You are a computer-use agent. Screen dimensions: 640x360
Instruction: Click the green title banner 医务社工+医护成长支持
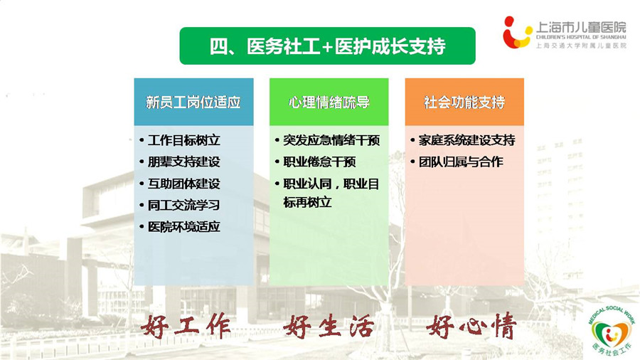[x=327, y=46]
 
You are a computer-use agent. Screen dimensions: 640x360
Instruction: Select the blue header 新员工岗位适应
[x=193, y=102]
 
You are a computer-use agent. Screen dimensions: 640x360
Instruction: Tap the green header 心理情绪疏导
[x=329, y=102]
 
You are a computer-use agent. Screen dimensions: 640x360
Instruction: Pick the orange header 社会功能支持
[x=464, y=102]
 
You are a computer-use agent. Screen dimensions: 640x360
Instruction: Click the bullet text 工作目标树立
[x=183, y=140]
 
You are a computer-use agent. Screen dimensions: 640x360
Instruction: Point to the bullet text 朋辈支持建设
[x=183, y=162]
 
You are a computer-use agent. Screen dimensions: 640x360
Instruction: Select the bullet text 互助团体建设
[x=183, y=184]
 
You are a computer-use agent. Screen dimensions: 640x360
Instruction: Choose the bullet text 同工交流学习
[x=183, y=205]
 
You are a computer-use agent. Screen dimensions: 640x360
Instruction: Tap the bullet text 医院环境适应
[x=183, y=226]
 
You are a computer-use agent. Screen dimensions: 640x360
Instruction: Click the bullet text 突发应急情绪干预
[x=331, y=140]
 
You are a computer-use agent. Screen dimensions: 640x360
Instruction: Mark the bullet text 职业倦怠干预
[x=319, y=162]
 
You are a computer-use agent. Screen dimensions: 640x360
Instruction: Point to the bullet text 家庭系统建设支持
[x=467, y=140]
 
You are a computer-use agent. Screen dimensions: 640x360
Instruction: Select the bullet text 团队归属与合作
[x=461, y=162]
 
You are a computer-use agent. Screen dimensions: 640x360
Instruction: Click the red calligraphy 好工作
[x=186, y=326]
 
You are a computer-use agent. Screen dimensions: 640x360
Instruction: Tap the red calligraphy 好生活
[x=329, y=326]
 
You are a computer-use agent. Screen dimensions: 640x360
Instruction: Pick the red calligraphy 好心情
[x=471, y=326]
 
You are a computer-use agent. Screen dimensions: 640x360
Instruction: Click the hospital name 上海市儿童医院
[x=581, y=27]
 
